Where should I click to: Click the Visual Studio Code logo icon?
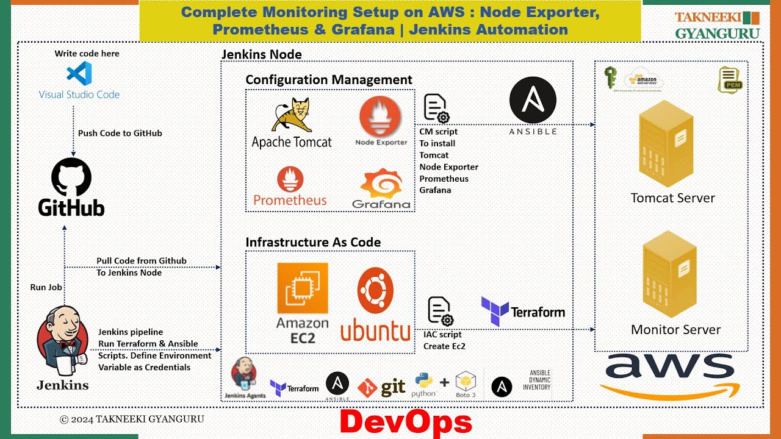coord(79,74)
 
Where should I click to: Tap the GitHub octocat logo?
coord(71,176)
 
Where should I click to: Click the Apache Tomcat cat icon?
coord(292,115)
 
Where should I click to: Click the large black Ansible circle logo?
coord(533,100)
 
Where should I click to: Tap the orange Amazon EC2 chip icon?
coord(303,288)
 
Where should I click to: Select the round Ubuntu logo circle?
coord(375,290)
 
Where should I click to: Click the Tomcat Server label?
coord(672,198)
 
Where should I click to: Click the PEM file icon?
coord(730,79)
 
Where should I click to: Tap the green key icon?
coord(610,77)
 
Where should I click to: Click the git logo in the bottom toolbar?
coord(382,387)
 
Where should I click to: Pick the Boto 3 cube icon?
coord(466,382)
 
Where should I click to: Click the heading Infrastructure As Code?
coord(313,242)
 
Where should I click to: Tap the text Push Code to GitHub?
coord(120,133)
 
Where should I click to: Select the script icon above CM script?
coord(436,109)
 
